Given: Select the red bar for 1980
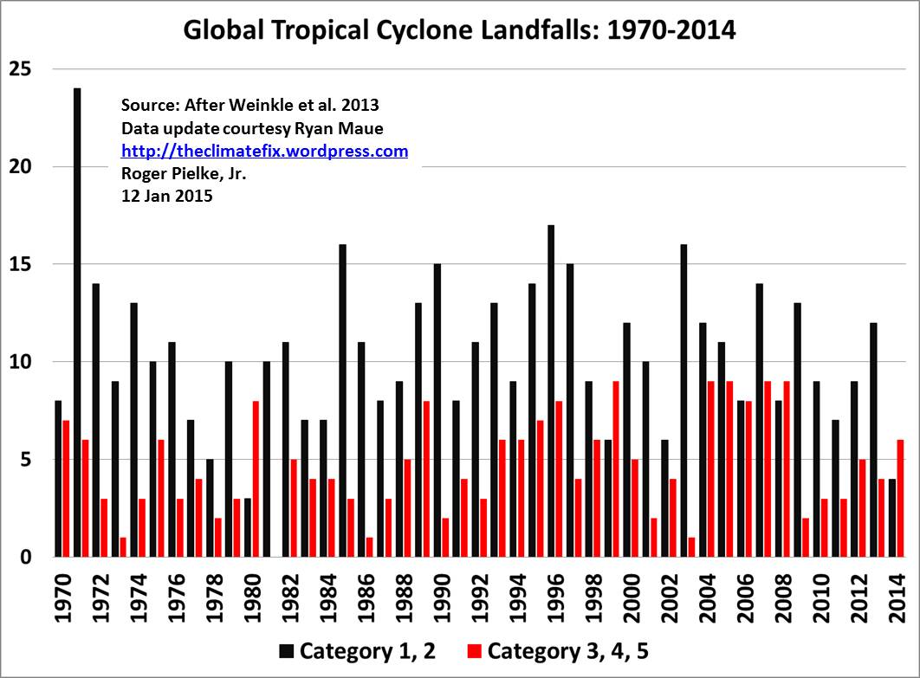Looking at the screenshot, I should [256, 479].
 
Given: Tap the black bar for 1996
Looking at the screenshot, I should [551, 391].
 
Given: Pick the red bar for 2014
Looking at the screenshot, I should [901, 498].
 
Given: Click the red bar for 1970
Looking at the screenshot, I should [66, 488].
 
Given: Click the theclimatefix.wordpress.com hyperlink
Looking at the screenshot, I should [264, 152].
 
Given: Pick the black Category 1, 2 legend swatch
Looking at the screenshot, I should [286, 650].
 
